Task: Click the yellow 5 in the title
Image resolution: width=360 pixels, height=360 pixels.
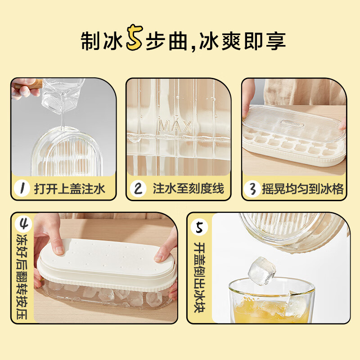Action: [x=134, y=40]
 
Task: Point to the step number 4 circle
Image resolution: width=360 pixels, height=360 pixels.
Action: [x=22, y=224]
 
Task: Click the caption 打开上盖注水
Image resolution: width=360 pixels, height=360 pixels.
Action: [x=69, y=189]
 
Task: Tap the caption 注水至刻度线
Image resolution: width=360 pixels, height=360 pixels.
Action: [x=188, y=189]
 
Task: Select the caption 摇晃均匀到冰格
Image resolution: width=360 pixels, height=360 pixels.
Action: [x=303, y=189]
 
